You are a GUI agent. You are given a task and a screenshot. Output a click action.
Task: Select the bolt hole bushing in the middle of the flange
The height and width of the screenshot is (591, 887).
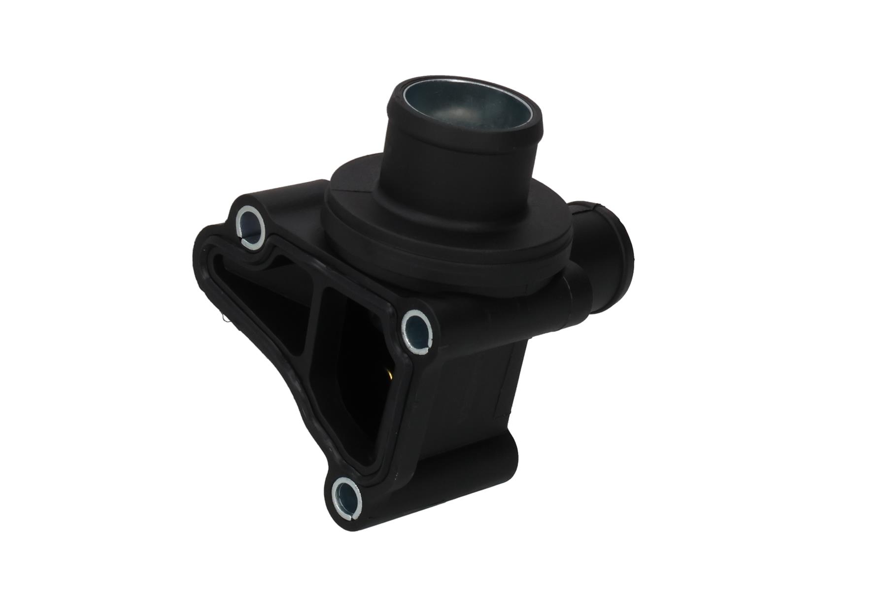pos(418,328)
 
